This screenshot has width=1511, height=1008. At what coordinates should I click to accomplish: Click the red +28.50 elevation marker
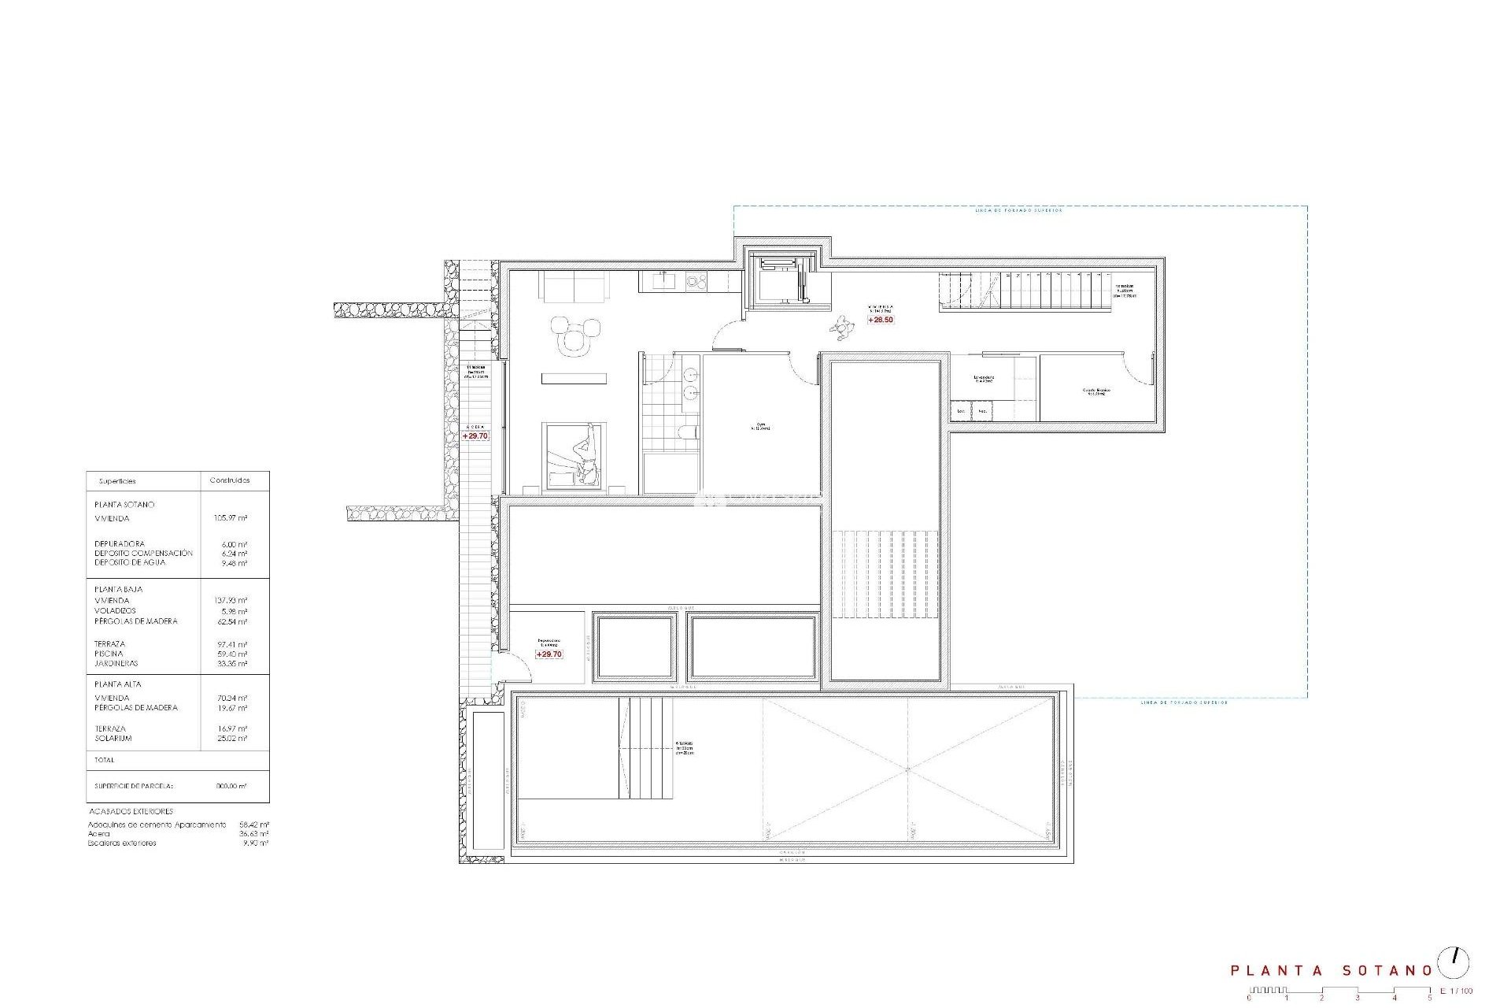[881, 320]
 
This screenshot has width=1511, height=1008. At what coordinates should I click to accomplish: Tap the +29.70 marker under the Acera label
[475, 435]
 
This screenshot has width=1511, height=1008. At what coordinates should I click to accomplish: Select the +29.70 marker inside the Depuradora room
[549, 654]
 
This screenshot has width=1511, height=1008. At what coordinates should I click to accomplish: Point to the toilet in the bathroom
[687, 432]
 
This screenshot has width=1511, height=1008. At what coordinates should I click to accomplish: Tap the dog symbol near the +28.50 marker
[843, 327]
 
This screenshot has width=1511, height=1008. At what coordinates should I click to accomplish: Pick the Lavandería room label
[983, 379]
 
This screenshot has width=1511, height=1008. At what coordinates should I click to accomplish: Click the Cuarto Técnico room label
[1094, 391]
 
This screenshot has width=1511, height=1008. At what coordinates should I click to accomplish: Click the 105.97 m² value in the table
[231, 519]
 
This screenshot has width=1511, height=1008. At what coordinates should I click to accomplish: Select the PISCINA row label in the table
[109, 654]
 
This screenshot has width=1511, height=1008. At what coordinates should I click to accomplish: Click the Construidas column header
[230, 480]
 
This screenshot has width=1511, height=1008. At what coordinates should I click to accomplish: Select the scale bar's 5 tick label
[1430, 999]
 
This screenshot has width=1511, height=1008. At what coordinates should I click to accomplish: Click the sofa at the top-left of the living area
[574, 286]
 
